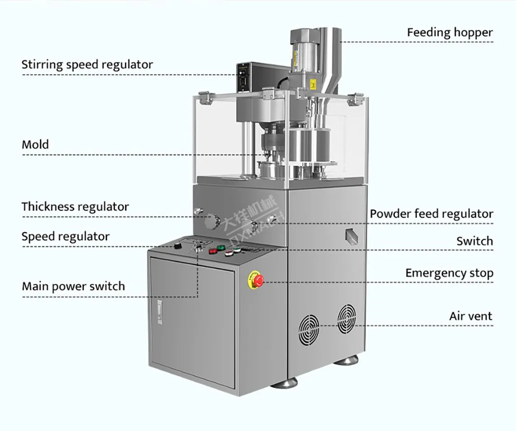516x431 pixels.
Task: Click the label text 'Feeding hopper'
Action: (449, 33)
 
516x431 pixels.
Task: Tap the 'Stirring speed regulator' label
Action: (87, 64)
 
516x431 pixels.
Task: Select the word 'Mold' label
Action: (36, 145)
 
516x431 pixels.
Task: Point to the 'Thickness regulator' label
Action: (75, 207)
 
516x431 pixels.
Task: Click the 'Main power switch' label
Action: (73, 286)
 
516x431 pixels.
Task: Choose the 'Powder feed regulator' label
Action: (431, 214)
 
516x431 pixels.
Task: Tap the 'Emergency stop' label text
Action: (449, 273)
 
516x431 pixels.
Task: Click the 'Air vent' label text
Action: (470, 316)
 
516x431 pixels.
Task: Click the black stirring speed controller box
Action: (248, 77)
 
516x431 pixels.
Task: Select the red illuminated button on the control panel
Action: (213, 251)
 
